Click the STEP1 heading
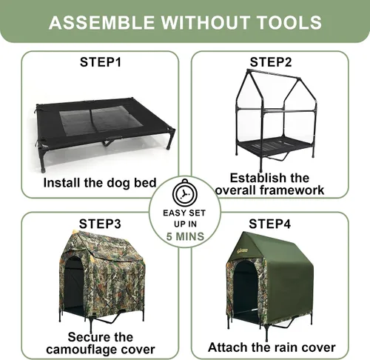click(x=101, y=62)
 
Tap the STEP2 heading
click(x=271, y=62)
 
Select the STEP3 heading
click(x=100, y=224)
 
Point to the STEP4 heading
click(x=270, y=224)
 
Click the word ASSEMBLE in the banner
click(x=101, y=22)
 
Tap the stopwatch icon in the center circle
click(x=185, y=192)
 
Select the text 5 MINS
click(x=185, y=236)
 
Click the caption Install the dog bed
click(x=100, y=183)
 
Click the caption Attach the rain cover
click(x=272, y=347)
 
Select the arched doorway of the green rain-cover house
click(x=246, y=289)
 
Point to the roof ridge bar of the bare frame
click(x=274, y=74)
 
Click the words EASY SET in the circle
click(x=184, y=213)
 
